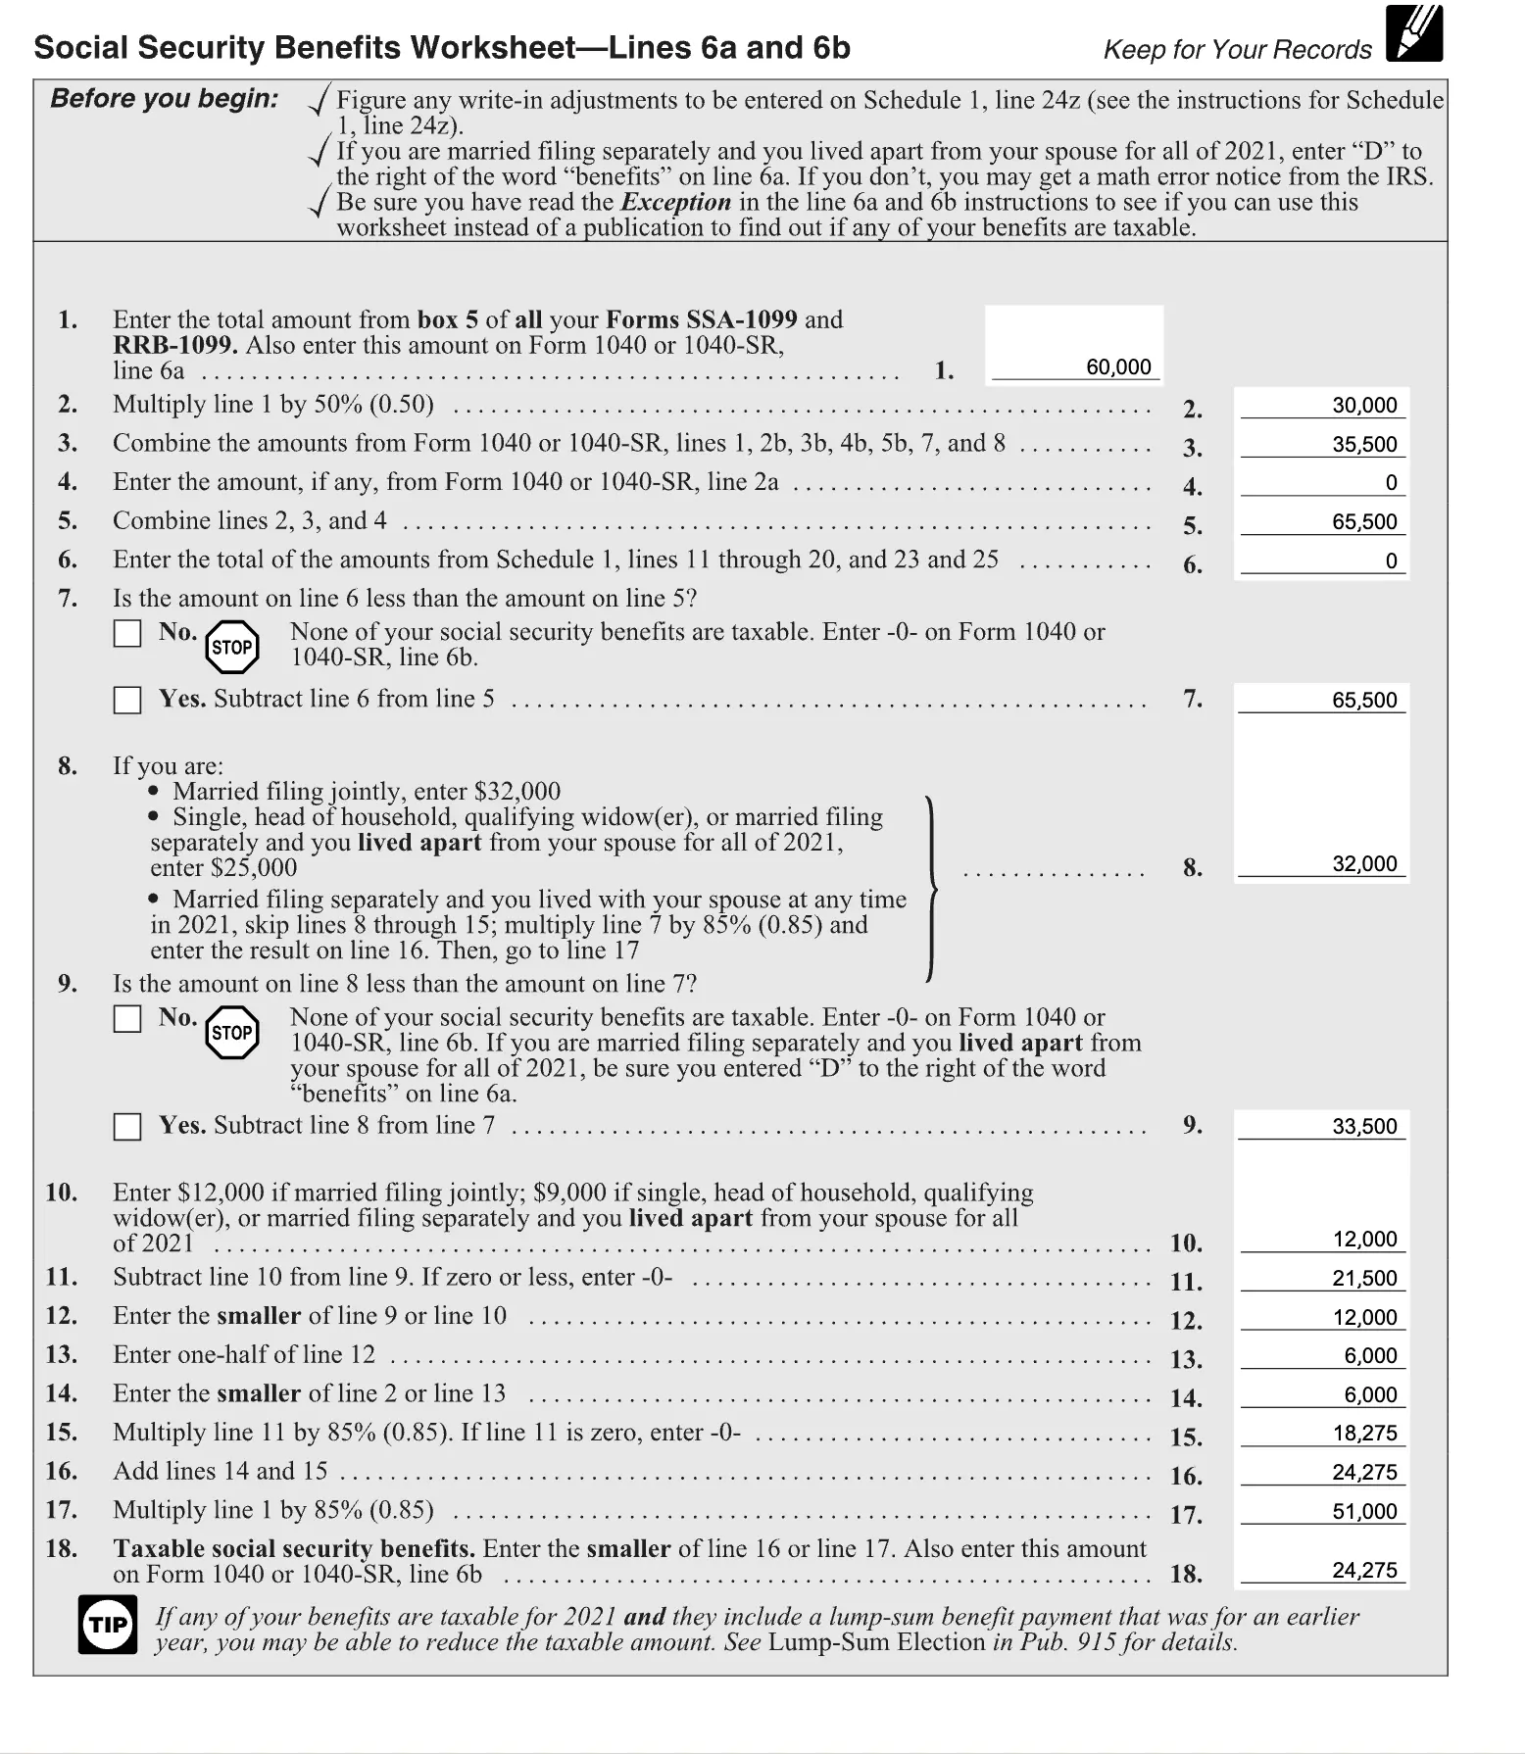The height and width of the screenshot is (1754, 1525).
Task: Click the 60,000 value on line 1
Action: (1118, 367)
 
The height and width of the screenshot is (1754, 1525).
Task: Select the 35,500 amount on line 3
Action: (1363, 445)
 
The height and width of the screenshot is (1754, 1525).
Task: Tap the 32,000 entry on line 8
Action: (1363, 864)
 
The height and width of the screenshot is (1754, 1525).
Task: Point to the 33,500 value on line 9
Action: (1363, 1127)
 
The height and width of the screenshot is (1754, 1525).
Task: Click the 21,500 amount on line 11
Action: (1363, 1279)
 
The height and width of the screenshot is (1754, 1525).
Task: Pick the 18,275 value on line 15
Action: (1363, 1434)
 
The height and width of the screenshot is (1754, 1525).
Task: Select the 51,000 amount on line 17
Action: (1363, 1512)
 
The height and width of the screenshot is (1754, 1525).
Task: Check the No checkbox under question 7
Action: (127, 634)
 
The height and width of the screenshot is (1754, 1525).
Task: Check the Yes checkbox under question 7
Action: (127, 701)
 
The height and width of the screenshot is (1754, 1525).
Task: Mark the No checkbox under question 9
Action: (127, 1019)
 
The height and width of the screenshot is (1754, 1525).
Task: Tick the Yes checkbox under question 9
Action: (127, 1127)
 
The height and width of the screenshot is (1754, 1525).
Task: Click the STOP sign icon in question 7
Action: (232, 647)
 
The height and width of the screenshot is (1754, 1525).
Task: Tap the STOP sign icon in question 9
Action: (232, 1033)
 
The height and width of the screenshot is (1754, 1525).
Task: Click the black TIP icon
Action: (108, 1625)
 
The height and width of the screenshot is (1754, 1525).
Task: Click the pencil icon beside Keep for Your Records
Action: (1414, 35)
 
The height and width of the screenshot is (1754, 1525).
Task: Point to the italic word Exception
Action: (675, 203)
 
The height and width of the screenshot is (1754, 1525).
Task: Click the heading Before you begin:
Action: (164, 99)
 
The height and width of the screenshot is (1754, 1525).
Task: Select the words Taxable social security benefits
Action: (293, 1549)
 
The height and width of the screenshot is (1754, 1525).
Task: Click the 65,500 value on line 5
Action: (1363, 522)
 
